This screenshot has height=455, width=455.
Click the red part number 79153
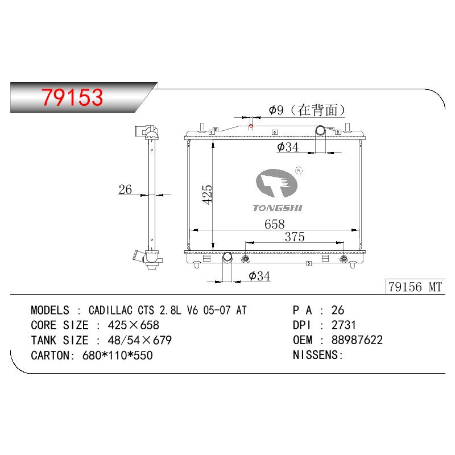(72, 97)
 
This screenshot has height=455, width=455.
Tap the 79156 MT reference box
(415, 287)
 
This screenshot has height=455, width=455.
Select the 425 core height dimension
(208, 195)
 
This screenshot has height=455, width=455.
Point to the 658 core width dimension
(275, 224)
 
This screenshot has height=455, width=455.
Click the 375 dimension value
(295, 237)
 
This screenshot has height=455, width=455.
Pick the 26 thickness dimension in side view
(125, 189)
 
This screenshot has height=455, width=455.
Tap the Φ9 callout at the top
(307, 110)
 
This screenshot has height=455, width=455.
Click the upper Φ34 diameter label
(288, 147)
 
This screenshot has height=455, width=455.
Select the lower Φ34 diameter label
(259, 276)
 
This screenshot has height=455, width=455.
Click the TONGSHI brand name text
(278, 208)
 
